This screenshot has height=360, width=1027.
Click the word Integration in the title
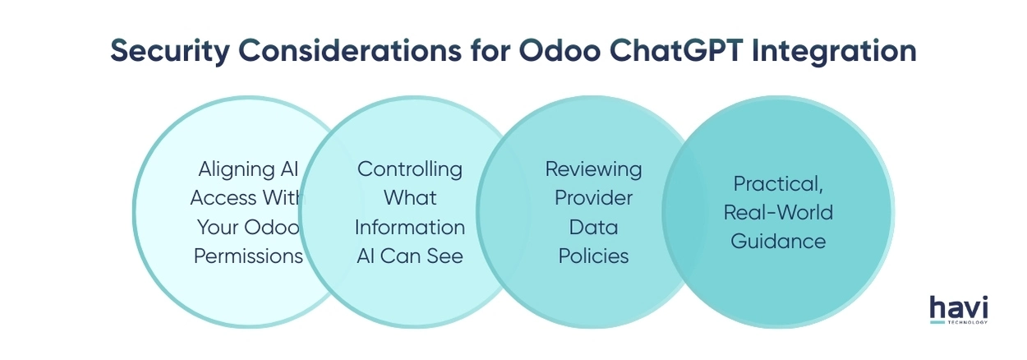pyautogui.click(x=837, y=50)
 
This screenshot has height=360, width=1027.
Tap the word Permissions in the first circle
pyautogui.click(x=248, y=256)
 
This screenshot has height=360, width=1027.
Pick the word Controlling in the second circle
pyautogui.click(x=410, y=169)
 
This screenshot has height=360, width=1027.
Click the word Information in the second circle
pyautogui.click(x=410, y=227)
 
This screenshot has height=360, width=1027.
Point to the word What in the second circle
pyautogui.click(x=410, y=198)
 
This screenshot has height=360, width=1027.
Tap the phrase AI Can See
pyautogui.click(x=410, y=256)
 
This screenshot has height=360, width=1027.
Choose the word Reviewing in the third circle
pyautogui.click(x=593, y=169)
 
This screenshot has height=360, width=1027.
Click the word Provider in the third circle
pyautogui.click(x=593, y=198)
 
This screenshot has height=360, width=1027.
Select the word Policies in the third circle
pyautogui.click(x=593, y=256)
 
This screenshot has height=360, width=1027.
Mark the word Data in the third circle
pyautogui.click(x=593, y=227)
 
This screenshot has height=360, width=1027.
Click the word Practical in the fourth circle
pyautogui.click(x=776, y=184)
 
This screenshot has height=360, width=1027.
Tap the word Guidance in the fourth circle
pyautogui.click(x=778, y=242)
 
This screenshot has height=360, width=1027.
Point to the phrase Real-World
pyautogui.click(x=778, y=213)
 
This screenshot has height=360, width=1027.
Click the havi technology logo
pyautogui.click(x=958, y=310)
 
